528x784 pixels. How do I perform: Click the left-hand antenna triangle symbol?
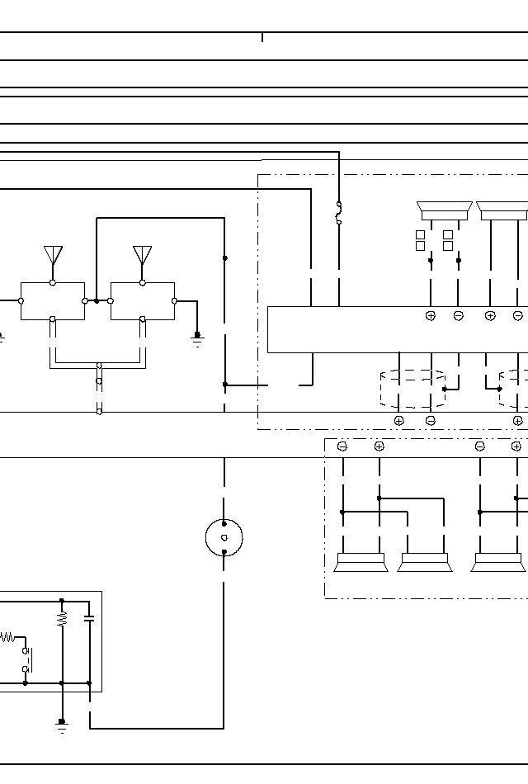tap(53, 253)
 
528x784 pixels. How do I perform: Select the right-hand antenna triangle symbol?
tap(143, 253)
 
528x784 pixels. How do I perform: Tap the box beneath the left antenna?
tap(53, 300)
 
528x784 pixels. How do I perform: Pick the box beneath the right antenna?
tap(143, 300)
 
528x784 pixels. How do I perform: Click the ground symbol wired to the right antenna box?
tap(197, 337)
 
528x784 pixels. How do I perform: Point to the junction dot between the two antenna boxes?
tap(97, 301)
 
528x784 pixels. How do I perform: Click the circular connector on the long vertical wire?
tap(224, 538)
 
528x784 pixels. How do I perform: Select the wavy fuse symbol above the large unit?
tap(338, 213)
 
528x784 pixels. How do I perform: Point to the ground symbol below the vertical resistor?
tap(62, 725)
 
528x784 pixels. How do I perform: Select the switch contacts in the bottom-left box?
tap(26, 659)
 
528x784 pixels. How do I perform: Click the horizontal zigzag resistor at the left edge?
tap(7, 637)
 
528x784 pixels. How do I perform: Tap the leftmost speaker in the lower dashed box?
tap(361, 563)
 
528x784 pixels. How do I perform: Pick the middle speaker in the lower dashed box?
tap(425, 563)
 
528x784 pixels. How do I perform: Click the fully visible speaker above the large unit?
tap(445, 210)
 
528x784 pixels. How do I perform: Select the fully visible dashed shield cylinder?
tap(412, 390)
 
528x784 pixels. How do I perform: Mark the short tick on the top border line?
tap(262, 37)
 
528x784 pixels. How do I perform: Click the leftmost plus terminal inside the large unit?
tap(430, 316)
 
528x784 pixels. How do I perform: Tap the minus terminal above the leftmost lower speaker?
tap(342, 446)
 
